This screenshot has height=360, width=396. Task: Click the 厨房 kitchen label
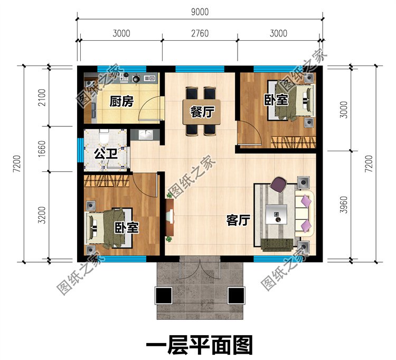pyautogui.click(x=120, y=102)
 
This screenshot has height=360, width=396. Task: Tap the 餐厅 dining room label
pyautogui.click(x=201, y=112)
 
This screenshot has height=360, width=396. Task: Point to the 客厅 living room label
pyautogui.click(x=238, y=220)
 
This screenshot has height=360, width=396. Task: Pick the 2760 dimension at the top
pyautogui.click(x=200, y=33)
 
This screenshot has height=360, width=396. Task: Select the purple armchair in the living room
pyautogui.click(x=278, y=186)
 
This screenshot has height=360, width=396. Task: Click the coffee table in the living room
pyautogui.click(x=277, y=214)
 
